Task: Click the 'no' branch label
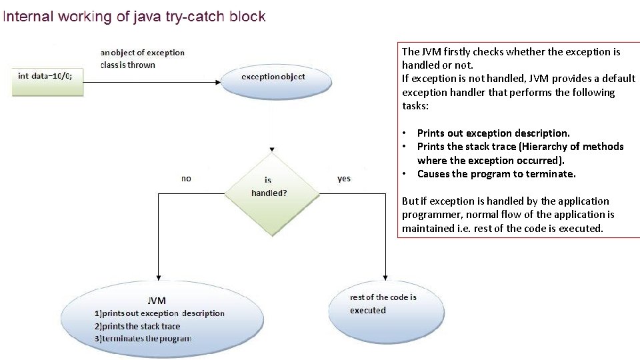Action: (x=186, y=178)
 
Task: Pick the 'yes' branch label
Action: (x=344, y=178)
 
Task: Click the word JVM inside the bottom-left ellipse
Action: (x=157, y=301)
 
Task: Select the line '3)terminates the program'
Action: (x=143, y=338)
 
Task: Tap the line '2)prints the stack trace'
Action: (x=137, y=326)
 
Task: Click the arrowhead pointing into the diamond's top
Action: (x=271, y=149)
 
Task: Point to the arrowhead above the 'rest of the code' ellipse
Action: (x=385, y=276)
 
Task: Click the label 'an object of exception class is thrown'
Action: (x=142, y=59)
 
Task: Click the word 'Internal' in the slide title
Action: (x=27, y=16)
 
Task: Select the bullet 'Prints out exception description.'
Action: (x=493, y=133)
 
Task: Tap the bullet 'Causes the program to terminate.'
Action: (x=496, y=174)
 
